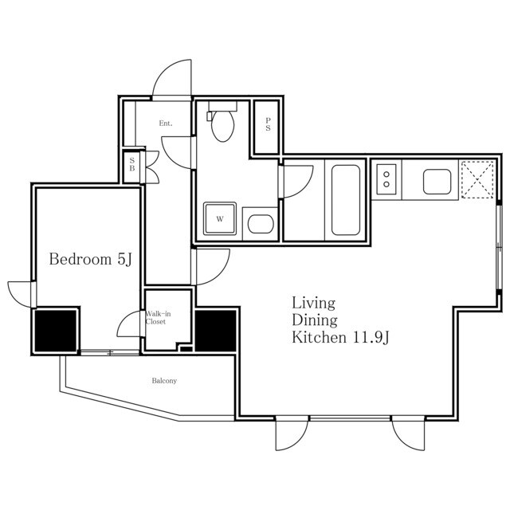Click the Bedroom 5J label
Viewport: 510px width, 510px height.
[x=91, y=259]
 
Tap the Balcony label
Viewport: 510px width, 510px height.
[x=164, y=381]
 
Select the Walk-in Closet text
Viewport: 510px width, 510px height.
[x=158, y=318]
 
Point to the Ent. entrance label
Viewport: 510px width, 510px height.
[x=166, y=124]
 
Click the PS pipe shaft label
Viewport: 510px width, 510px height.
[x=268, y=124]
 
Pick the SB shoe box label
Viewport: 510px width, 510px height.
[x=132, y=164]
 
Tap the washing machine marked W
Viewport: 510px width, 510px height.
[x=220, y=219]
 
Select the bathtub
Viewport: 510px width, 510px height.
[x=345, y=200]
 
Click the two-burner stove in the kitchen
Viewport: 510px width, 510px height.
[x=386, y=179]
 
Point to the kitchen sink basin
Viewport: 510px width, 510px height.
[x=437, y=182]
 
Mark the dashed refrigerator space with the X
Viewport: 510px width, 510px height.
[x=477, y=179]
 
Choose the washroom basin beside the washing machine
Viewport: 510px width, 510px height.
[x=261, y=224]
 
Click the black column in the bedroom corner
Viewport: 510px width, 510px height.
[x=55, y=331]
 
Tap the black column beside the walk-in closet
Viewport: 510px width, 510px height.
[x=216, y=331]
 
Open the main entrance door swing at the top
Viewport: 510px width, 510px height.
[x=172, y=78]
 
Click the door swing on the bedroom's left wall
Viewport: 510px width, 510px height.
[x=20, y=294]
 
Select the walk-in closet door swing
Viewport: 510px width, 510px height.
[x=129, y=324]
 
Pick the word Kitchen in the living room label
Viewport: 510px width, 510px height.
[x=319, y=337]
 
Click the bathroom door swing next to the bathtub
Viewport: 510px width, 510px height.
[x=297, y=182]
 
